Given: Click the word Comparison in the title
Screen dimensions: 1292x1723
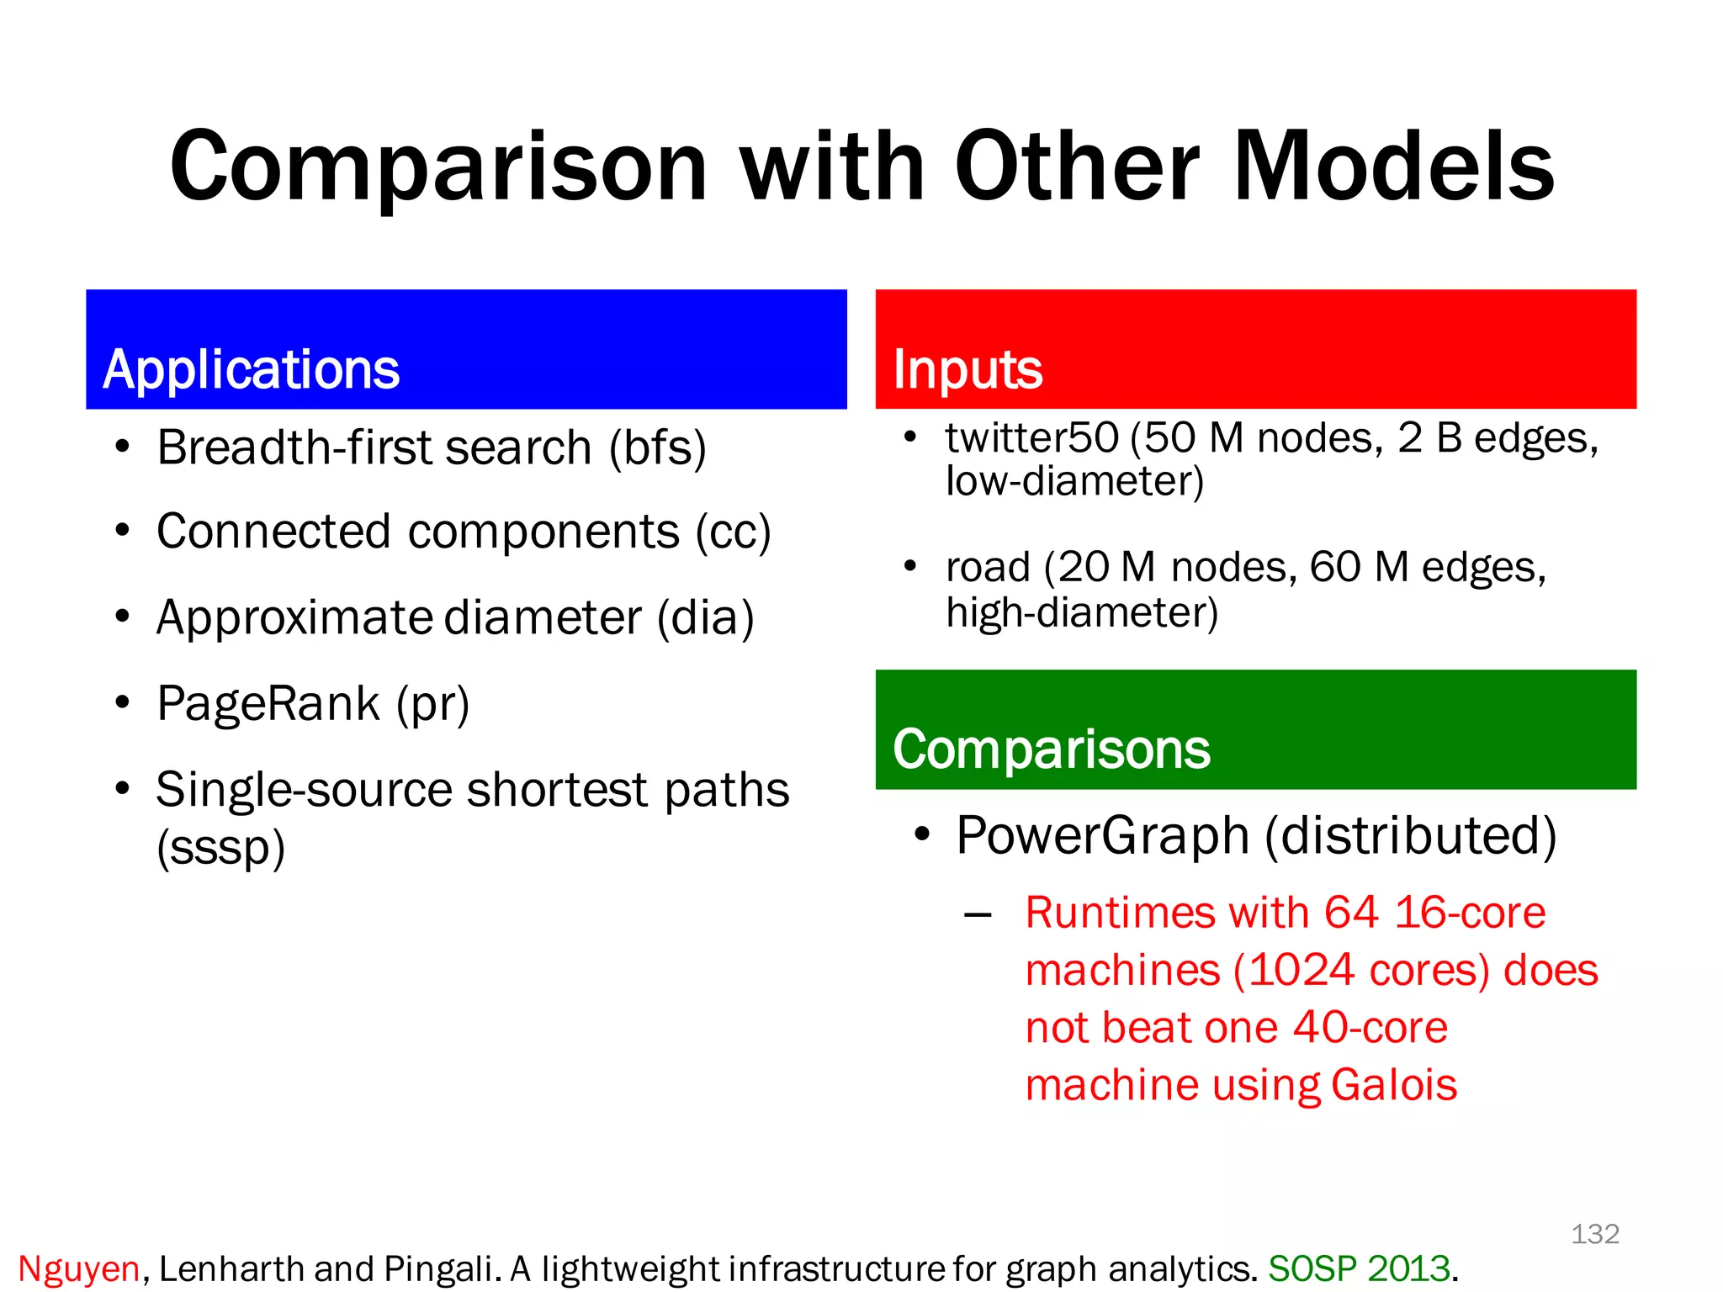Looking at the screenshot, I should pyautogui.click(x=437, y=168).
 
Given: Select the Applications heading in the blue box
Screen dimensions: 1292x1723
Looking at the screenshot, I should pyautogui.click(x=251, y=370).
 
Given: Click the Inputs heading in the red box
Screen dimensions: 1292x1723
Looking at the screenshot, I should pyautogui.click(x=968, y=370).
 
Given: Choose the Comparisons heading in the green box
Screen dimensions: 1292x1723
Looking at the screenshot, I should pyautogui.click(x=1051, y=749).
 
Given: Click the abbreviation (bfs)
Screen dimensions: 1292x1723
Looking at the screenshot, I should pyautogui.click(x=657, y=447).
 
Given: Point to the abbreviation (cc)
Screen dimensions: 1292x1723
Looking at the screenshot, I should pyautogui.click(x=732, y=532).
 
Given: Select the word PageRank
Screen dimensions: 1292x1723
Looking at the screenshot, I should pyautogui.click(x=268, y=704).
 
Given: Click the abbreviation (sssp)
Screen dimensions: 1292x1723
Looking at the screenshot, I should pyautogui.click(x=220, y=848).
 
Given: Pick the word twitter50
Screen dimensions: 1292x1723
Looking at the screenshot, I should pyautogui.click(x=1031, y=438).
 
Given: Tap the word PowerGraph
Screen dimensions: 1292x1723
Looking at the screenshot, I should pyautogui.click(x=1102, y=836).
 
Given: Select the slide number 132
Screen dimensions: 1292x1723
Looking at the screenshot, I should pyautogui.click(x=1594, y=1234).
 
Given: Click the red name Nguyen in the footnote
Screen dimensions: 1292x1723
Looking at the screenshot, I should pyautogui.click(x=78, y=1269).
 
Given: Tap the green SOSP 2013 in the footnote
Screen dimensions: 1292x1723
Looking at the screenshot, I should pyautogui.click(x=1359, y=1269).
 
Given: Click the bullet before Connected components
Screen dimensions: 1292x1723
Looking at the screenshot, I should pyautogui.click(x=123, y=532).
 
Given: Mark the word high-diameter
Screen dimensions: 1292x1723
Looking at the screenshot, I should pyautogui.click(x=1081, y=613).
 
